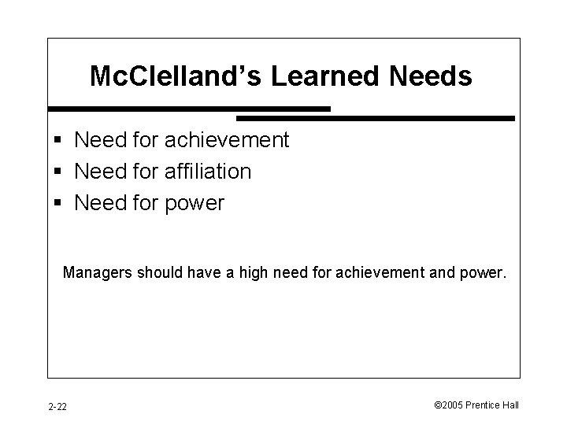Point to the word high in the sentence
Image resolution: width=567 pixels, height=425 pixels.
[258, 273]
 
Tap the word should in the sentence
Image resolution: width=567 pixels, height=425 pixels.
[157, 273]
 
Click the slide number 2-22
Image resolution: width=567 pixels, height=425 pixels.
[57, 406]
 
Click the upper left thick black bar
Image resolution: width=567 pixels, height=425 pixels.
[189, 108]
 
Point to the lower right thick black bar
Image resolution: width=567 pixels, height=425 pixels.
[376, 118]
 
